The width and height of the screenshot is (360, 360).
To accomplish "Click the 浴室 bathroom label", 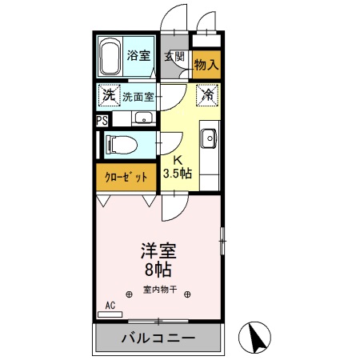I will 138,55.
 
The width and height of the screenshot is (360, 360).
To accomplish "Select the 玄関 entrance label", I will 174,56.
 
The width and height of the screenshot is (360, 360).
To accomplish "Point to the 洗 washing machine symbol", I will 108,96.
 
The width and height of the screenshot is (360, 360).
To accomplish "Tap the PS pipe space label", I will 102,120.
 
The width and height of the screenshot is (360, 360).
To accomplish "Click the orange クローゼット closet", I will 126,177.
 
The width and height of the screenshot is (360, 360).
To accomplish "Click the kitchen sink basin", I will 210,138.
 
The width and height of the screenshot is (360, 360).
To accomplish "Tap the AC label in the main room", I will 110,305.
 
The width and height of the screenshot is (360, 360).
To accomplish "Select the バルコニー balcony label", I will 158,338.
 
